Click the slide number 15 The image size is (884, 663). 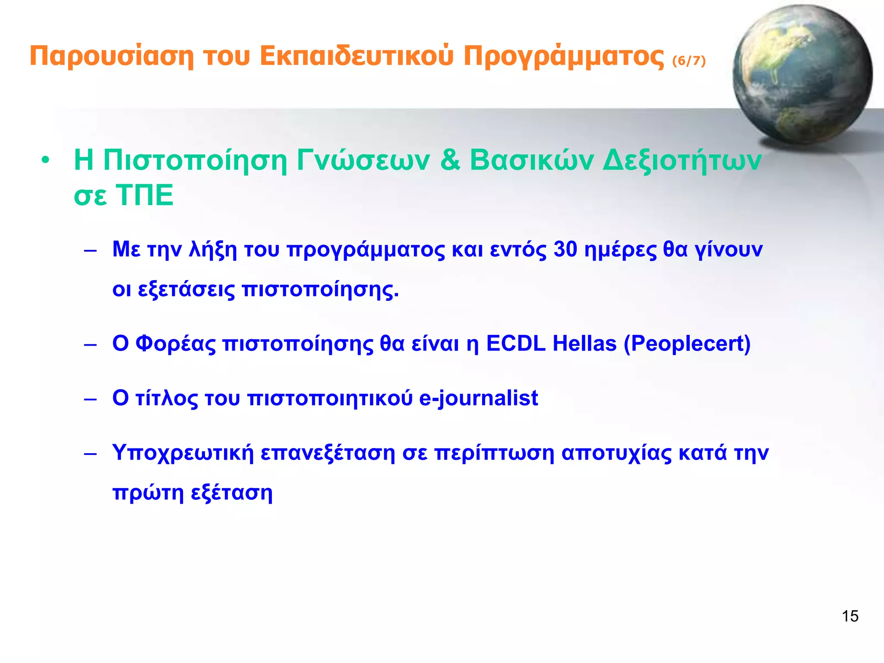849,616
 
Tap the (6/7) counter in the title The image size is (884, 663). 689,61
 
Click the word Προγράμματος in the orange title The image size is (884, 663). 564,57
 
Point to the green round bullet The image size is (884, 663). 45,161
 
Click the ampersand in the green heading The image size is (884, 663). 450,160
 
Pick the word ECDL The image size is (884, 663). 516,344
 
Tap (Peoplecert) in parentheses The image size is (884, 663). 687,344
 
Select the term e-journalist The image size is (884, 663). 478,398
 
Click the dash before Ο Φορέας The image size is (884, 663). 90,345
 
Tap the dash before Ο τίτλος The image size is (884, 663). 90,399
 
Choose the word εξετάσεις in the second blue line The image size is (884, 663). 186,289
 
